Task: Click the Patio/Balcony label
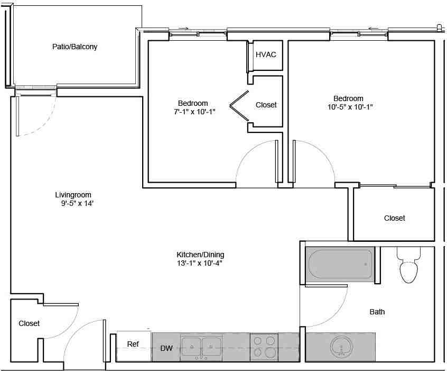click(x=74, y=47)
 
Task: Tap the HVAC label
click(x=266, y=55)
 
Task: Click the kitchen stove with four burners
click(x=264, y=347)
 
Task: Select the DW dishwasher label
click(x=166, y=349)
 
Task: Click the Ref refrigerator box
click(x=134, y=345)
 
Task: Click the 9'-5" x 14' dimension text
click(x=78, y=203)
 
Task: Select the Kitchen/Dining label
click(x=200, y=254)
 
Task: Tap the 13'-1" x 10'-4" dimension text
click(x=200, y=263)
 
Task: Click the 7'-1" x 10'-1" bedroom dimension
click(x=193, y=112)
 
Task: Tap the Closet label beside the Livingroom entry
click(x=29, y=323)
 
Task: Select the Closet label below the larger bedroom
click(x=394, y=218)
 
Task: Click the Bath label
click(x=377, y=312)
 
